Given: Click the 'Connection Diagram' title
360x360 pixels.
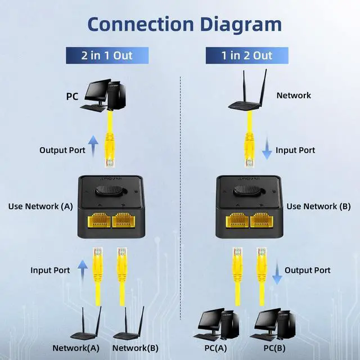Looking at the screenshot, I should pyautogui.click(x=184, y=24).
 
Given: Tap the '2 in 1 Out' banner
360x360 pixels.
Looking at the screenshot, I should pyautogui.click(x=106, y=55).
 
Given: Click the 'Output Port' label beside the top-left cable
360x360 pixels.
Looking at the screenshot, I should pyautogui.click(x=62, y=150).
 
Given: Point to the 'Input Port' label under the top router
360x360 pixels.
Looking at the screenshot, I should pyautogui.click(x=295, y=150).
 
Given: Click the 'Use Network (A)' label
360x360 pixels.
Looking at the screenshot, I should pyautogui.click(x=40, y=206).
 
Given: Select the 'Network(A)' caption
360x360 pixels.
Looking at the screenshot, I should pyautogui.click(x=75, y=348).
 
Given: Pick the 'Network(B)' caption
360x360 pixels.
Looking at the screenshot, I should pyautogui.click(x=135, y=348).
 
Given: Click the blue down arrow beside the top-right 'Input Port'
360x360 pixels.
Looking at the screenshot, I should pyautogui.click(x=267, y=149).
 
